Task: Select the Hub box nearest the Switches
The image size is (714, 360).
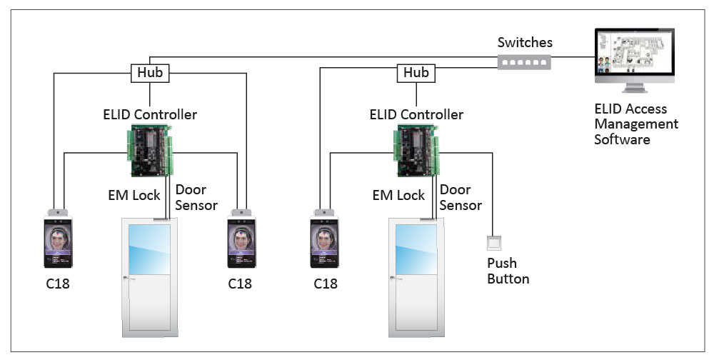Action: pyautogui.click(x=416, y=72)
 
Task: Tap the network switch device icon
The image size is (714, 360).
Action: pyautogui.click(x=525, y=62)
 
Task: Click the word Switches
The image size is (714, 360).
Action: pyautogui.click(x=525, y=43)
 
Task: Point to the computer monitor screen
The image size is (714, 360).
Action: pyautogui.click(x=634, y=57)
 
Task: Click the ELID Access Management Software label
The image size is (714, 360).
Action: pyautogui.click(x=635, y=124)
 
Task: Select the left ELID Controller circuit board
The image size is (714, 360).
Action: pyautogui.click(x=150, y=150)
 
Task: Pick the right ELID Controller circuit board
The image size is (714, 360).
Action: pyautogui.click(x=417, y=150)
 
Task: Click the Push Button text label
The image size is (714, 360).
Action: pyautogui.click(x=508, y=271)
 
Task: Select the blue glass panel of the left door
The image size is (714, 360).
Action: pyautogui.click(x=149, y=249)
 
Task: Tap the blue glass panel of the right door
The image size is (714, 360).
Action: pyautogui.click(x=416, y=249)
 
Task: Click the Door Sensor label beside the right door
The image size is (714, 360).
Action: pyautogui.click(x=460, y=197)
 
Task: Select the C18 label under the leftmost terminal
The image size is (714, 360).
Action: pyautogui.click(x=58, y=284)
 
